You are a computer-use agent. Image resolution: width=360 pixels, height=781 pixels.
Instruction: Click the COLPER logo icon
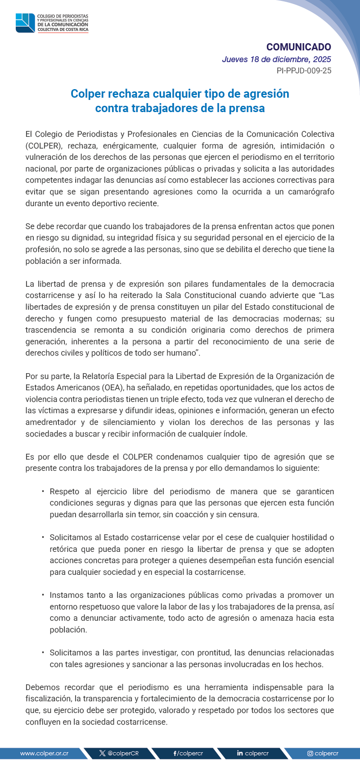25,23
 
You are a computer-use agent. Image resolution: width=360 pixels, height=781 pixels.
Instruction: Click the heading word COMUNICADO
298,47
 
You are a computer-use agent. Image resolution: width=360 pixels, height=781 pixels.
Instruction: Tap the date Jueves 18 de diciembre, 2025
276,59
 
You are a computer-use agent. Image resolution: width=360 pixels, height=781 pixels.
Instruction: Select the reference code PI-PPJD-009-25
304,71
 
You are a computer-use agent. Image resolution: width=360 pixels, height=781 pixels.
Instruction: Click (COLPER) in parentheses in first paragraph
44,146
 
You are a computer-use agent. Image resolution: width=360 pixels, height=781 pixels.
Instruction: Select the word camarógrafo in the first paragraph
310,192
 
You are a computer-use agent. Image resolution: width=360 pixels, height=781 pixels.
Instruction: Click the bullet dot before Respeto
43,492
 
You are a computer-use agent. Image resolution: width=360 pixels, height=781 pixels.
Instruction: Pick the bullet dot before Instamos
43,595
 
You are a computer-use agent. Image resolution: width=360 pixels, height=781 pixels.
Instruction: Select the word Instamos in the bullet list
66,595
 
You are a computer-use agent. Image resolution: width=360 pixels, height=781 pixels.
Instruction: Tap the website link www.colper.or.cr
44,753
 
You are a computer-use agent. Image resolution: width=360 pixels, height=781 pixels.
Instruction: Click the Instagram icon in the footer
310,753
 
